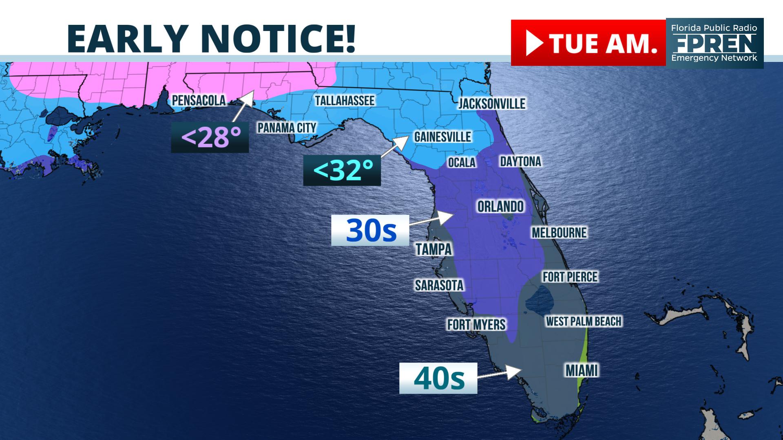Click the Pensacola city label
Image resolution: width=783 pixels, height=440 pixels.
(199, 101)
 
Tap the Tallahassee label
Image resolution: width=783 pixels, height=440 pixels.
(345, 101)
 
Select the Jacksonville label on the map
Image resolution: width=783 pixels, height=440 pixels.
(492, 103)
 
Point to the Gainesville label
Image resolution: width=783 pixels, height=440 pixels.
(442, 136)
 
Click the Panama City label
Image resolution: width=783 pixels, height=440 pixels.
(287, 128)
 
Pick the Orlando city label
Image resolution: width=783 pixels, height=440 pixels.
(500, 207)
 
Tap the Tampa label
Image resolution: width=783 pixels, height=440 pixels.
(434, 249)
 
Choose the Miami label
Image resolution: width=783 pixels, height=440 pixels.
(582, 371)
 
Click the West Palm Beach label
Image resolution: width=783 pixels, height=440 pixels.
(584, 321)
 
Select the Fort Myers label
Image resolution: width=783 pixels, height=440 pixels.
(476, 325)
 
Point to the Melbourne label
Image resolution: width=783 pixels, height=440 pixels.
(559, 233)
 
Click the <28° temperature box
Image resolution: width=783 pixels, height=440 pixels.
(210, 138)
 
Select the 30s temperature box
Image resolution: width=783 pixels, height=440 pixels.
(370, 230)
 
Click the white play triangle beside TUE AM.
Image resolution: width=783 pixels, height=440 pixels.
(534, 43)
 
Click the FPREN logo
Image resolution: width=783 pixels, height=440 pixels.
(714, 43)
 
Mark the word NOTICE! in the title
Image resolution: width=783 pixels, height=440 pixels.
(279, 39)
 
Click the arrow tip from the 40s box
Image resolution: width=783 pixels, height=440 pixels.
(521, 369)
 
